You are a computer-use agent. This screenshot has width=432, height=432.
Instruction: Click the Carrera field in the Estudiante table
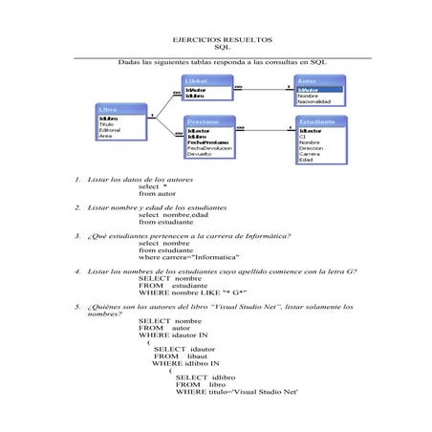point(309,154)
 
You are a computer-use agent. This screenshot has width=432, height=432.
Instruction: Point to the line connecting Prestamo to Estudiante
point(265,130)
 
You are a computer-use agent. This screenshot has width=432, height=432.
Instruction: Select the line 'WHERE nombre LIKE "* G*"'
point(193,292)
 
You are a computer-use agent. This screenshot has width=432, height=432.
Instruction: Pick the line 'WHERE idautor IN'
point(173,335)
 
